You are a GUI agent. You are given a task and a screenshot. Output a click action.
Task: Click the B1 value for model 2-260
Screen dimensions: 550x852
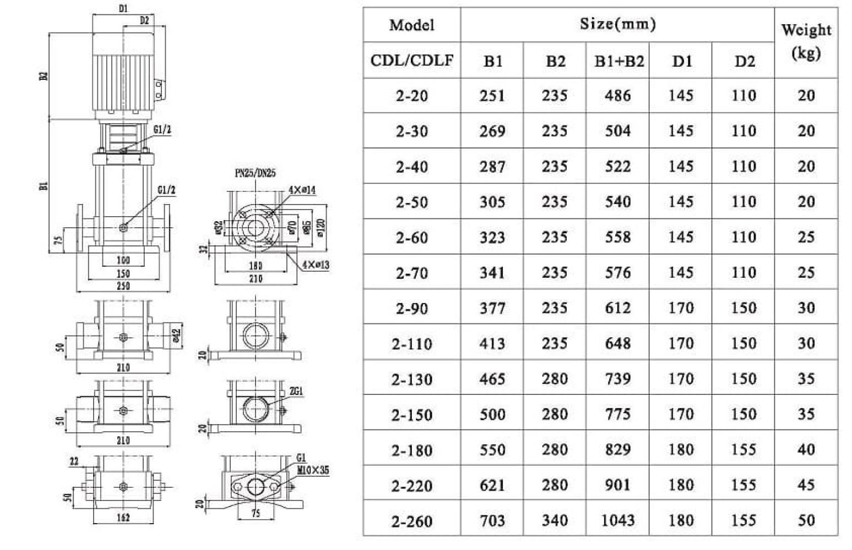click(492, 520)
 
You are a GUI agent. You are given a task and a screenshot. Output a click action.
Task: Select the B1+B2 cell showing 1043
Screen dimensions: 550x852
click(617, 520)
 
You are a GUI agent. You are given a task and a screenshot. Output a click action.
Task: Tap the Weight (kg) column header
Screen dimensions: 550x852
click(806, 41)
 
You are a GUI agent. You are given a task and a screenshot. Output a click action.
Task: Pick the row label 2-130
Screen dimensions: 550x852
click(411, 379)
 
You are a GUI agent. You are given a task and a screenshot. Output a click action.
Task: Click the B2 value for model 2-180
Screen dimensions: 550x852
click(555, 450)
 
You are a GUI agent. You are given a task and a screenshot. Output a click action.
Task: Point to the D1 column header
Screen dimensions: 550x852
click(681, 61)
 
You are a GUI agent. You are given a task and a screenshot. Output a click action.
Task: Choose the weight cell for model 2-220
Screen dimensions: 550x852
click(806, 485)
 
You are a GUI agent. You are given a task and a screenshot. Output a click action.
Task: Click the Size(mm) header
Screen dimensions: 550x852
click(617, 24)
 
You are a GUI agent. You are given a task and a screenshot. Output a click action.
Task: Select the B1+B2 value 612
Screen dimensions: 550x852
click(617, 308)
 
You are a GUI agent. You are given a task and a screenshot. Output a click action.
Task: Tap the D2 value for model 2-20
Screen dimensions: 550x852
click(744, 96)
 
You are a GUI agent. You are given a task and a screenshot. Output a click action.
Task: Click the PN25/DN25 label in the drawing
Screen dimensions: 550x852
click(255, 173)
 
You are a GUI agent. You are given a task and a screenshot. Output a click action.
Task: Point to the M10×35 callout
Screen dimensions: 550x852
click(313, 471)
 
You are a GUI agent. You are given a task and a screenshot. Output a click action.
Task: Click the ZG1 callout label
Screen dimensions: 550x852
click(296, 391)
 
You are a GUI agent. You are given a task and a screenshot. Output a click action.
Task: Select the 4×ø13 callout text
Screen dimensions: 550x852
click(315, 265)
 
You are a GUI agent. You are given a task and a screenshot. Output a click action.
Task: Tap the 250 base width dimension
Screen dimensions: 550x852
click(123, 285)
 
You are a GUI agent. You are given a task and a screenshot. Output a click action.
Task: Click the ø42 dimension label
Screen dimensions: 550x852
click(176, 335)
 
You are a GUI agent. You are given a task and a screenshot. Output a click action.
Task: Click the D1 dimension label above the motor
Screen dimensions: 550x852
click(123, 9)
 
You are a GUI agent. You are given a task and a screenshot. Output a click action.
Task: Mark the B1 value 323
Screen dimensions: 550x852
click(492, 237)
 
